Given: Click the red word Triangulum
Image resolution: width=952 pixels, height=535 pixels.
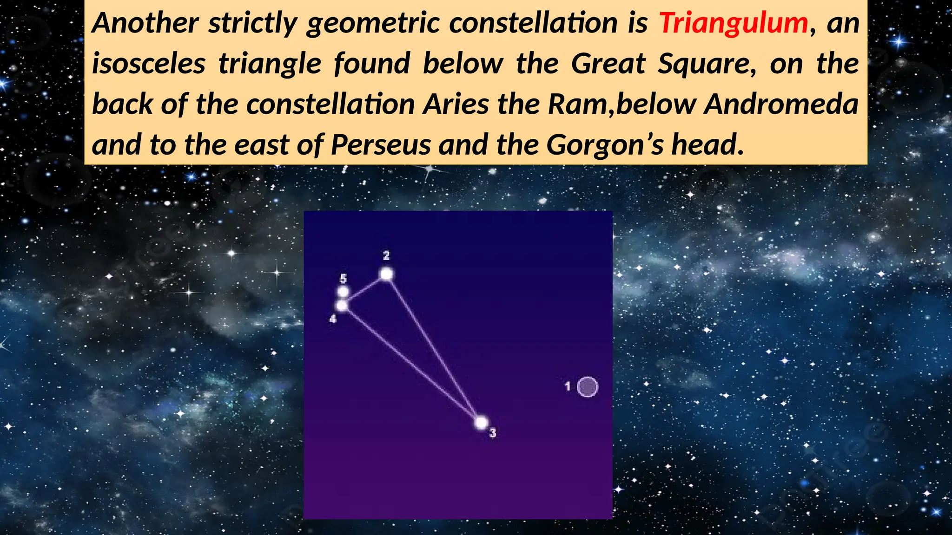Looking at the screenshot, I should pos(734,23).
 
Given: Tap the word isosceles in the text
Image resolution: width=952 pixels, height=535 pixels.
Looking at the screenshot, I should pos(148,64).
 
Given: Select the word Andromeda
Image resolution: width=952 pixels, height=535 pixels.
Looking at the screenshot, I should pos(781,104).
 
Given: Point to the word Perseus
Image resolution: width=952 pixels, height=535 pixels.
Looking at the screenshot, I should pos(381,145).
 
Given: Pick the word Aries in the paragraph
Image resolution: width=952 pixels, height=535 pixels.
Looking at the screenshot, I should pos(456,104).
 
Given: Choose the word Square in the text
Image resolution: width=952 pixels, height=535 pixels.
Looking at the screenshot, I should pos(707,64).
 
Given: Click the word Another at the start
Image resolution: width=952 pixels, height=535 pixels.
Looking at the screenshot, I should pos(145,23).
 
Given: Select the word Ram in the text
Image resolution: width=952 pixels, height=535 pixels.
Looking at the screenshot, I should pos(578,104).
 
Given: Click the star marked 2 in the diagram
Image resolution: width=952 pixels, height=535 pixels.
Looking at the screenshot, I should pos(386,274).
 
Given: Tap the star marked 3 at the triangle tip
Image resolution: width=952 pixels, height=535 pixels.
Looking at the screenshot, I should pos(481,423).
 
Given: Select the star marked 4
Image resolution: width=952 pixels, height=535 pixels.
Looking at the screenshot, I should pos(342,306).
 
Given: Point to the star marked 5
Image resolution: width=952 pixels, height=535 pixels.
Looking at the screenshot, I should pos(343,292).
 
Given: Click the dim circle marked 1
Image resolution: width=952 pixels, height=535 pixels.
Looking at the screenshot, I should pos(587,387).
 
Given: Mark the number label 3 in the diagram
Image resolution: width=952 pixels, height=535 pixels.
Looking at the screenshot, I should pos(493,433).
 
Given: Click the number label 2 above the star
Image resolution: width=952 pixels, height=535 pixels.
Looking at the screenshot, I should pos(386,255).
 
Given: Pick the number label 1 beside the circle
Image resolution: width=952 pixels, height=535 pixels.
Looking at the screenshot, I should pos(568,386).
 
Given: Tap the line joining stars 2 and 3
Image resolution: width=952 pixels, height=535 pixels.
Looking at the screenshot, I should pos(434,348).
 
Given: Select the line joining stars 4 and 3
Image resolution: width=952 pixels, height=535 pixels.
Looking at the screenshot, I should pos(411,364).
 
